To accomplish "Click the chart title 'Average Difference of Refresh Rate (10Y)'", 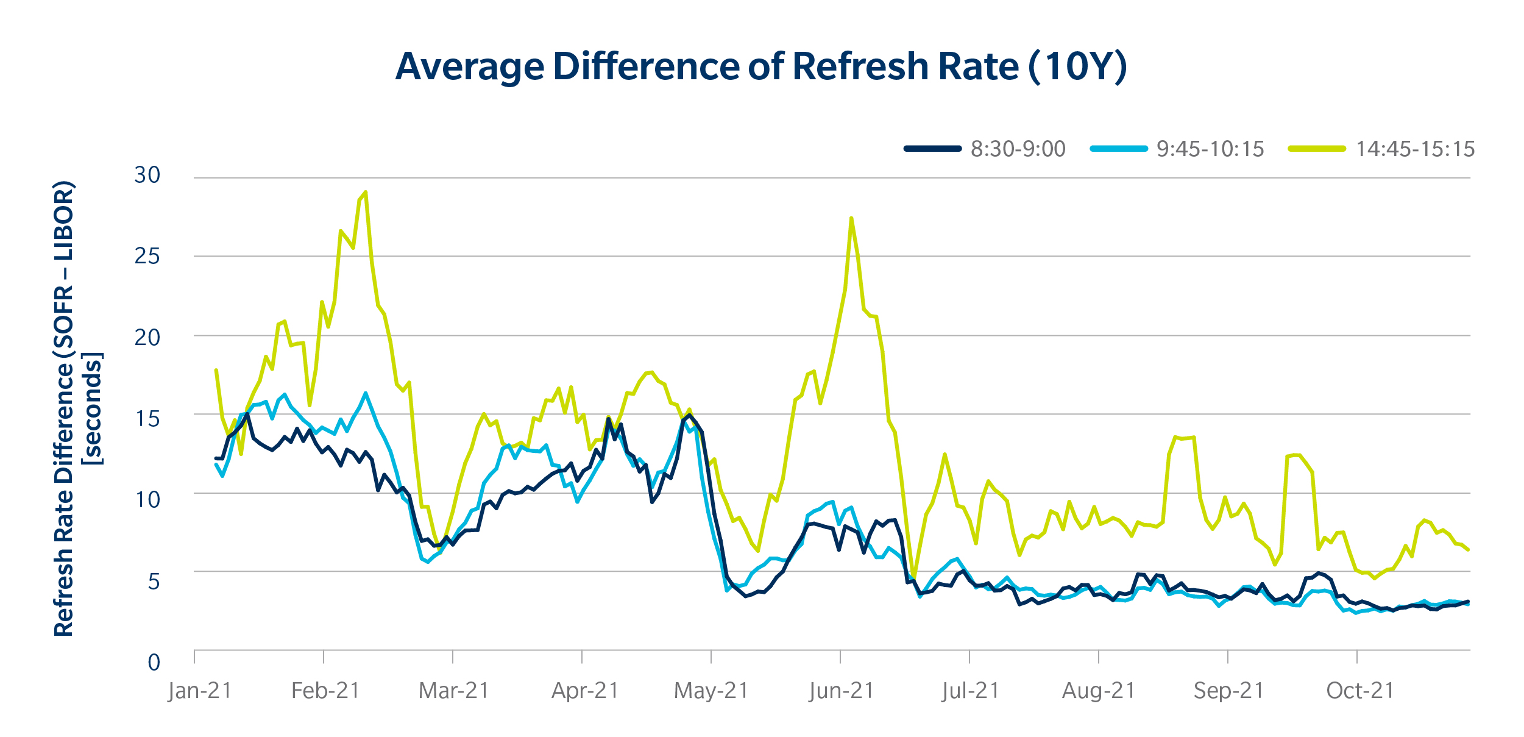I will coord(761,66).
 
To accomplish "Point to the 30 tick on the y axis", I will coord(147,176).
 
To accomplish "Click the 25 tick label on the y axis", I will coord(147,256).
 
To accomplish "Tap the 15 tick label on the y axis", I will coord(147,419).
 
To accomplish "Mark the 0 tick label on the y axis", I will coord(154,662).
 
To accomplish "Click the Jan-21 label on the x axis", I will coord(200,691).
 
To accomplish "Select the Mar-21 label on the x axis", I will coord(454,691).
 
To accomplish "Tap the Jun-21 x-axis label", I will coord(842,691).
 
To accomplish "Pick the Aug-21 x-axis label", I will coord(1099,691).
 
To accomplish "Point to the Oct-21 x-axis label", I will coord(1360,691).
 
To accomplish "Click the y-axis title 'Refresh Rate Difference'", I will coord(64,409).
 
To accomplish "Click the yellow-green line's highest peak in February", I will coord(365,192).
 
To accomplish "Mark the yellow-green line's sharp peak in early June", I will coord(851,218).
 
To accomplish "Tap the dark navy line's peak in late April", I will coord(689,415).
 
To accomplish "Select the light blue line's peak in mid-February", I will coord(366,393).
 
